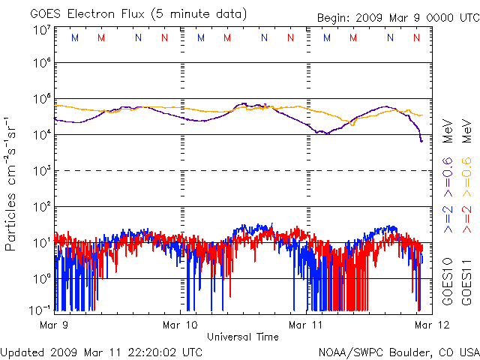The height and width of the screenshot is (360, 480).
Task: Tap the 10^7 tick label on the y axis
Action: pos(41,30)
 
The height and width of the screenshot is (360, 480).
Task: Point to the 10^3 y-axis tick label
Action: pos(41,171)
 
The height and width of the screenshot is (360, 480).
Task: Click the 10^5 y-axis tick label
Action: pos(41,100)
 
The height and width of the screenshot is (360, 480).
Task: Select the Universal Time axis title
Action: pos(242,337)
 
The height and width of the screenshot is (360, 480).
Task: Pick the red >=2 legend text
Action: pos(466,217)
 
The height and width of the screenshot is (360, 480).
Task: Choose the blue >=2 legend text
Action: pos(448,217)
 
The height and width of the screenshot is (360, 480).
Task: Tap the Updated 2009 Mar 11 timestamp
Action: pos(101,352)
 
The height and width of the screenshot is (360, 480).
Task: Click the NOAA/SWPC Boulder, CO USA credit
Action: pos(397,352)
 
